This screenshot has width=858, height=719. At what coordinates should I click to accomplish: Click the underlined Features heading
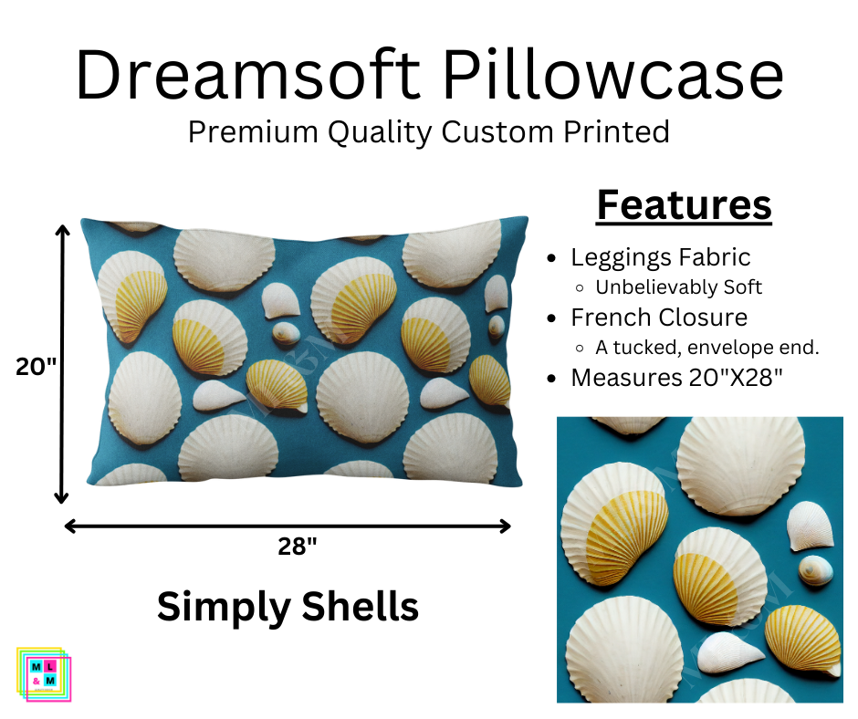684,205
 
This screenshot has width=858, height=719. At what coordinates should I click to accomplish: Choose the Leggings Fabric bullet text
661,257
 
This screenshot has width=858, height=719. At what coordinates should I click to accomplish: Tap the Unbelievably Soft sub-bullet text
678,287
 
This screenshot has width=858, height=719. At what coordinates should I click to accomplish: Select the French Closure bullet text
659,318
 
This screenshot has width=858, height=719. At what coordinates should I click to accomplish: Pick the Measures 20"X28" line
676,378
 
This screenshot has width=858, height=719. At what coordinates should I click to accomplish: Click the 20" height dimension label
37,366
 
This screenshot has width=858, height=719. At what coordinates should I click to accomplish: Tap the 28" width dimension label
298,547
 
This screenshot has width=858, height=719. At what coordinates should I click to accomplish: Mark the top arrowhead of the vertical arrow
62,231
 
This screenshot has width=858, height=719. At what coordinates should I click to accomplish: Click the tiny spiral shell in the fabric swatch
810,571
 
